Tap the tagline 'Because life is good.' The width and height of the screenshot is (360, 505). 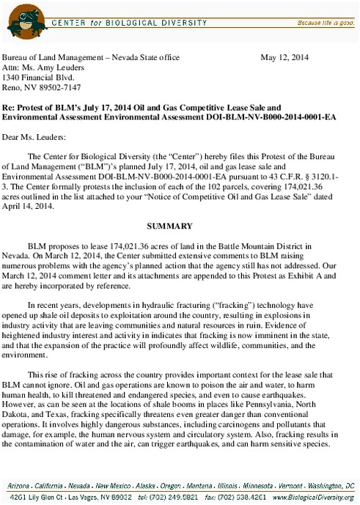click(x=325, y=23)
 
